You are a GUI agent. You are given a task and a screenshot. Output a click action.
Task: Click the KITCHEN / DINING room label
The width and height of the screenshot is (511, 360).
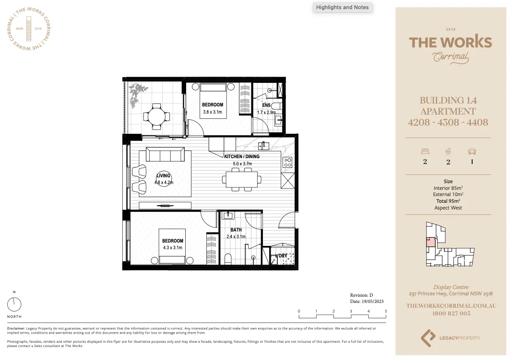pos(242,157)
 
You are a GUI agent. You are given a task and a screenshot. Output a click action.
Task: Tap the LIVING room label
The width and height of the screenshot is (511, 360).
pos(163,176)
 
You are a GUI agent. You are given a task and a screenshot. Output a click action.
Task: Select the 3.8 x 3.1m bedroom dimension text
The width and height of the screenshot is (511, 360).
pos(212,112)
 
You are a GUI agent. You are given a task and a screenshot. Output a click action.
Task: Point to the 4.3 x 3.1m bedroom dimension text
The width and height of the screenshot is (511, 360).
pos(172,248)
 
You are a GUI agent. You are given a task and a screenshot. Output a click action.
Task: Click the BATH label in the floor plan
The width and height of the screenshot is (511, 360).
pos(236,230)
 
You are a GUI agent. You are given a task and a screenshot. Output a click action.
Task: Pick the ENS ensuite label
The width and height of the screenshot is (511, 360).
pos(266,105)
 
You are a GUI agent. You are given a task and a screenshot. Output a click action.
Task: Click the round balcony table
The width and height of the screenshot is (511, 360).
pos(156,116)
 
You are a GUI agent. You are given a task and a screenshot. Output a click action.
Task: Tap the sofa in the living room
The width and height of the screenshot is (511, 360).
pos(165,154)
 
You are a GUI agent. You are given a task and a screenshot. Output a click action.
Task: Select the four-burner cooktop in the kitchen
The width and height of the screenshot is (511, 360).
pos(287,163)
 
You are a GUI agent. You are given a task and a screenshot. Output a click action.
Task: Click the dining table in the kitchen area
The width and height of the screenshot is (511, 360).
pos(241,180)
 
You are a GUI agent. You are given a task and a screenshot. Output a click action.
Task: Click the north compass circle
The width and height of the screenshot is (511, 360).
pos(14,304)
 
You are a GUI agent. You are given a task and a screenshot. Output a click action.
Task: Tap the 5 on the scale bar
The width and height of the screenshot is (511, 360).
pos(386,312)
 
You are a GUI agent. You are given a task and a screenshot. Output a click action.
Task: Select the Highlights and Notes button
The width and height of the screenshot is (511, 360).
pos(343,7)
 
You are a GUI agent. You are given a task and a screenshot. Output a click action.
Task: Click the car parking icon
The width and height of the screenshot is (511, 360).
pos(472,151)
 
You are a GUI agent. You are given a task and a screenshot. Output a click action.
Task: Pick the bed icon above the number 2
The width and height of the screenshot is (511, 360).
pos(425,151)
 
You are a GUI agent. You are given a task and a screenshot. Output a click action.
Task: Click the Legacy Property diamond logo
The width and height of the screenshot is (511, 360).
pos(428,337)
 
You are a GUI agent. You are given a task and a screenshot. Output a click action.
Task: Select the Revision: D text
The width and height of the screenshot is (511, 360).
pos(361,295)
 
